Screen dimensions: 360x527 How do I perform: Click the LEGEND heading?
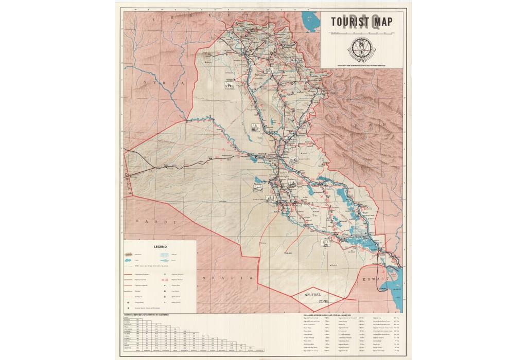coord(161,246)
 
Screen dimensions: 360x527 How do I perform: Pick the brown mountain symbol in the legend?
coord(129,255)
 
